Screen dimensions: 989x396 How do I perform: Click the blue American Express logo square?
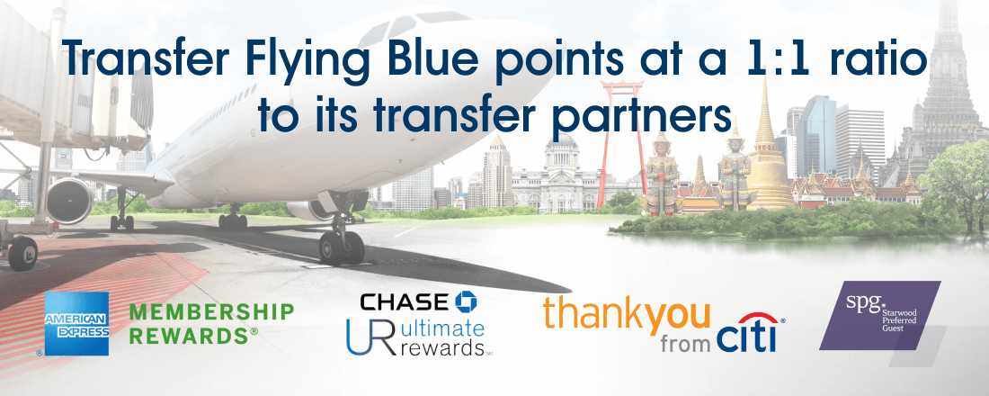click(x=76, y=323)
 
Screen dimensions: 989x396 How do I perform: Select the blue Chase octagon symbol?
click(x=466, y=301)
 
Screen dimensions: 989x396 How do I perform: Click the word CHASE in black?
click(x=405, y=302)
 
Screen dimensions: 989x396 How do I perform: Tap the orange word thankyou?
click(x=627, y=313)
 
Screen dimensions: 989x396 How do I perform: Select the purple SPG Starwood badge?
click(x=879, y=315)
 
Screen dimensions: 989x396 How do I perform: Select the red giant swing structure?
click(x=621, y=132)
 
